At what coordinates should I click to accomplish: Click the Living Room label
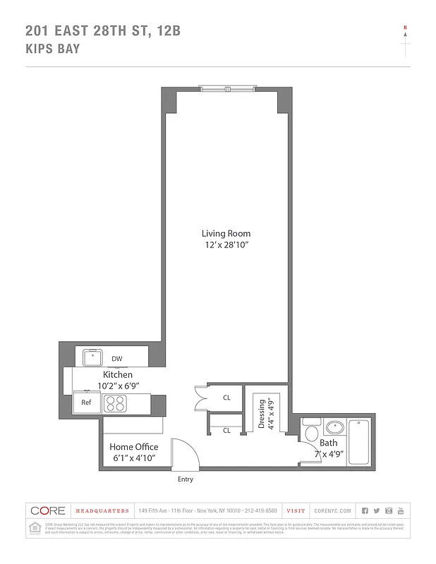pyautogui.click(x=226, y=233)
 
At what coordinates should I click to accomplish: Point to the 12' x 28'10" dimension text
pyautogui.click(x=226, y=245)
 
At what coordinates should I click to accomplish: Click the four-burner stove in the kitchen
pyautogui.click(x=115, y=403)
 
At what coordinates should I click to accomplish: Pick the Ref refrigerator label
pyautogui.click(x=86, y=403)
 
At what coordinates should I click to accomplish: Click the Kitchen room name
pyautogui.click(x=118, y=374)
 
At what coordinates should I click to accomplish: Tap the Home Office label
pyautogui.click(x=133, y=447)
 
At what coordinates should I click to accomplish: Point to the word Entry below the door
pyautogui.click(x=185, y=479)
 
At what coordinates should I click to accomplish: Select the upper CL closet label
pyautogui.click(x=226, y=398)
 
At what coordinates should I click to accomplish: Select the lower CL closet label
pyautogui.click(x=226, y=430)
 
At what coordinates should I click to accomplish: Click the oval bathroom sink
pyautogui.click(x=334, y=427)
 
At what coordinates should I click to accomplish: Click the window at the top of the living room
pyautogui.click(x=226, y=89)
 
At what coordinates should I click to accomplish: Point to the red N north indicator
pyautogui.click(x=405, y=28)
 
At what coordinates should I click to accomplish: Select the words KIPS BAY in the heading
pyautogui.click(x=52, y=49)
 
